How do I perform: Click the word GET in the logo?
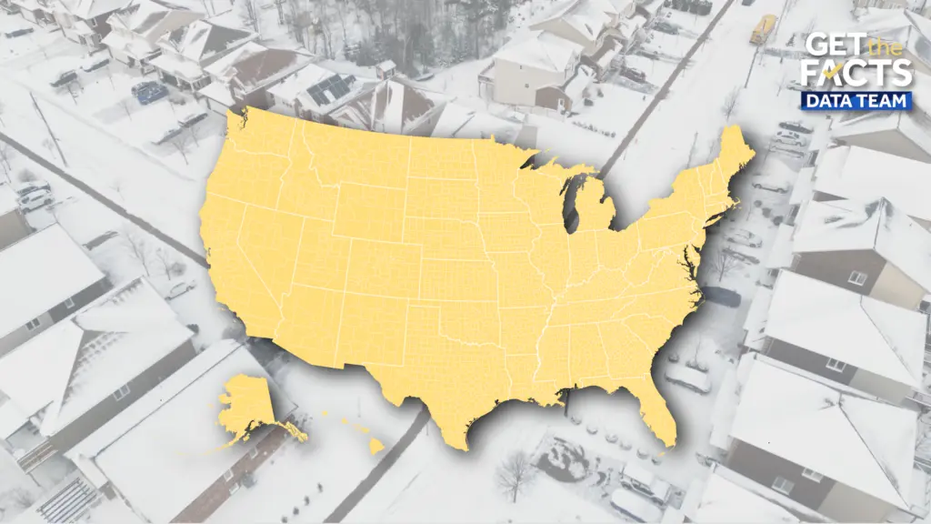(x=827, y=45)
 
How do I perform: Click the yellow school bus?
(x=762, y=29)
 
